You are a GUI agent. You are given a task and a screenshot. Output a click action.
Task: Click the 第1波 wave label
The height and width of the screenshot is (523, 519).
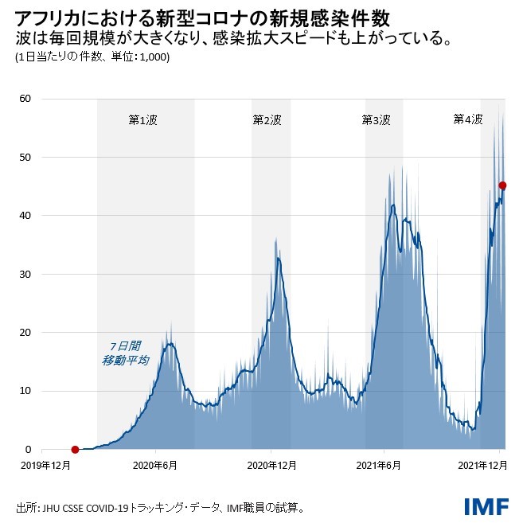point(142,120)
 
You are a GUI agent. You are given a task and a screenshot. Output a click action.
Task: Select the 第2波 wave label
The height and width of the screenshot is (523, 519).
point(267,120)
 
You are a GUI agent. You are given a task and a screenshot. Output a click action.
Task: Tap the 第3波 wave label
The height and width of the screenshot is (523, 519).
point(376,120)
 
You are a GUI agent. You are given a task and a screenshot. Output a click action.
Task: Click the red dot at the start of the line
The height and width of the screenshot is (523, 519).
point(75,449)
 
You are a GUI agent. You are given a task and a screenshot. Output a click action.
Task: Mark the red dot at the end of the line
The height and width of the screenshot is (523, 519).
point(502,185)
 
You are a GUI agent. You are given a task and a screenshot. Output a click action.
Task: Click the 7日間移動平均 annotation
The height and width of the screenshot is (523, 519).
point(125,353)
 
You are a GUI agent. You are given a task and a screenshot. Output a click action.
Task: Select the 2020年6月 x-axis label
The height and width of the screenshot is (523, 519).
point(155,466)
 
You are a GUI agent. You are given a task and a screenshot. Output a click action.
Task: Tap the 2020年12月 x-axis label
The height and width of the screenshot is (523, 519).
point(271,466)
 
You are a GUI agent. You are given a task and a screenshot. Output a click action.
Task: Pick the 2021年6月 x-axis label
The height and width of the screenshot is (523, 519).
point(385,466)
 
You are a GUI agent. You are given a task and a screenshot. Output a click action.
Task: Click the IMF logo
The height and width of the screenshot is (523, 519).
point(483,505)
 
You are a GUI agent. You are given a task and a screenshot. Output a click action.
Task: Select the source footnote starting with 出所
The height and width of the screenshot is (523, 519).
point(159,506)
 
